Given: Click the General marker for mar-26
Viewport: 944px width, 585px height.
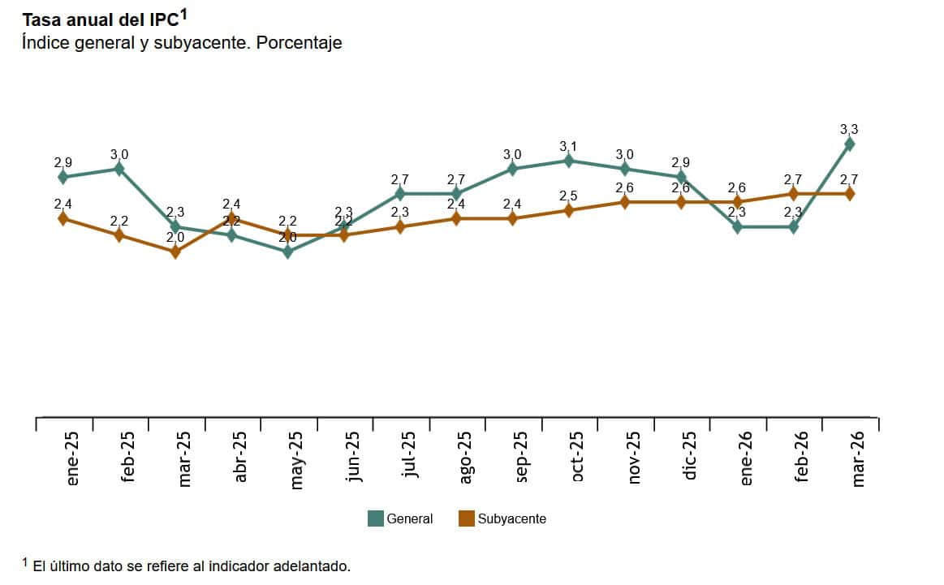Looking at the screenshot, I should [849, 144].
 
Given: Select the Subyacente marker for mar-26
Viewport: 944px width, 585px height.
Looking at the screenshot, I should [849, 193].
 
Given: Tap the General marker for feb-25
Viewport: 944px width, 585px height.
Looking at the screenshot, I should [119, 169].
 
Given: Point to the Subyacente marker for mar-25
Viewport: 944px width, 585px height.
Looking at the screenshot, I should [175, 252].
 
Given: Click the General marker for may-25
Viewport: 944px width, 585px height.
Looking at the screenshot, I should [287, 252].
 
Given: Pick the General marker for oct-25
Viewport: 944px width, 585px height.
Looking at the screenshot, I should [568, 161].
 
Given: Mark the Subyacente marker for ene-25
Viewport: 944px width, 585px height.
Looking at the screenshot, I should [63, 218].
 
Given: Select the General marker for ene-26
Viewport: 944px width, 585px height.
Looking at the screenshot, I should [737, 227].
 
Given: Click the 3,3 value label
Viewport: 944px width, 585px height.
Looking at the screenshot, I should [849, 129].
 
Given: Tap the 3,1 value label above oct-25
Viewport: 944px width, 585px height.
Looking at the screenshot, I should [568, 146].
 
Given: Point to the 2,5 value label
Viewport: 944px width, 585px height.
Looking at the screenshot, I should [568, 196].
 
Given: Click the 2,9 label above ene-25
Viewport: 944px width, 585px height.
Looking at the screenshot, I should [63, 162].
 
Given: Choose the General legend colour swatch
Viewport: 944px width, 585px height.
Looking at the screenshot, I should [376, 518].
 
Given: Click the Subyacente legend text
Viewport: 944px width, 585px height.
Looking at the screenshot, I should [511, 518].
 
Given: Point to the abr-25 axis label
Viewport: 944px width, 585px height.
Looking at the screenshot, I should [240, 457].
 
